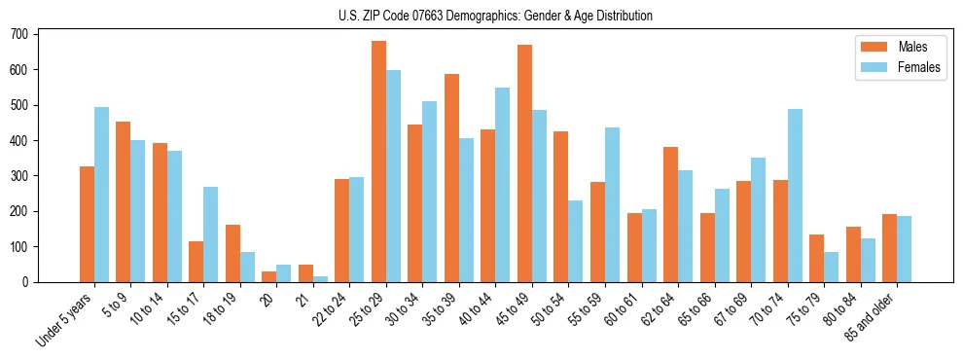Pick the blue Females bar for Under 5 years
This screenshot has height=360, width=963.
point(101,195)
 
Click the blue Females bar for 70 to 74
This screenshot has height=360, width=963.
point(795,196)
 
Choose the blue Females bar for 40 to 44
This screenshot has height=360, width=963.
point(503,185)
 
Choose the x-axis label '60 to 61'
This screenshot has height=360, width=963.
point(615,306)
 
